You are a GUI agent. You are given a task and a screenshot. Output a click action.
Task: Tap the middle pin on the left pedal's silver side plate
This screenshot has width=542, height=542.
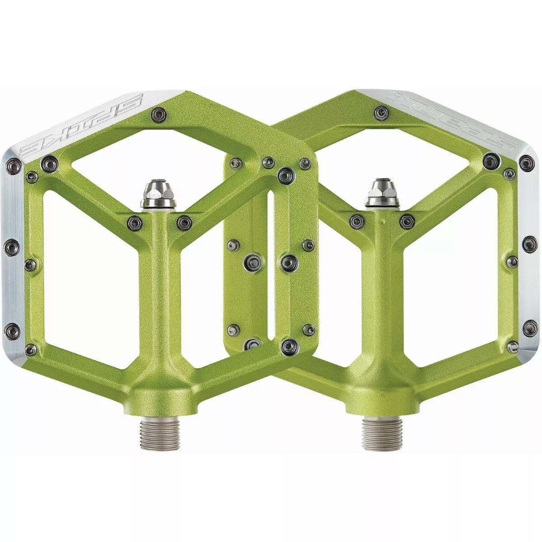[12, 246]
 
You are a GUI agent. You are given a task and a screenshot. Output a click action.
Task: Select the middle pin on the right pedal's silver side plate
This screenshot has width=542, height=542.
[528, 244]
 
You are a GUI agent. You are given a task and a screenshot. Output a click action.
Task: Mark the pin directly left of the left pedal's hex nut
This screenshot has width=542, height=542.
[135, 221]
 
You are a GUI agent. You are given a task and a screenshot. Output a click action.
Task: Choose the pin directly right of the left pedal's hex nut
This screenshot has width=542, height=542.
[184, 221]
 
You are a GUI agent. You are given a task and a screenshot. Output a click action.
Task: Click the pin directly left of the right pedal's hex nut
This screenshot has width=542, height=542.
[357, 221]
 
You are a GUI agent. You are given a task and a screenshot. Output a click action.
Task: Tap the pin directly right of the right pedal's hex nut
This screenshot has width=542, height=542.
[407, 221]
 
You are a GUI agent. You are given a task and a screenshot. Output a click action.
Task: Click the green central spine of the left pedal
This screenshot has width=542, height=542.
[159, 294]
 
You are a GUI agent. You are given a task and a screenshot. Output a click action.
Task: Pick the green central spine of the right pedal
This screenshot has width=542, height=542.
[382, 294]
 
